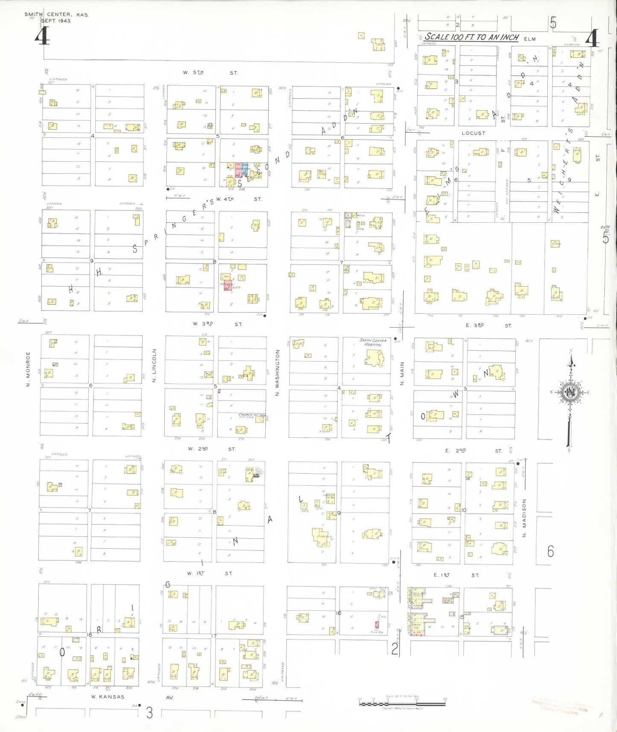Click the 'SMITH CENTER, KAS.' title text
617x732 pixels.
click(56, 15)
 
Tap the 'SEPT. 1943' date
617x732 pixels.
click(56, 20)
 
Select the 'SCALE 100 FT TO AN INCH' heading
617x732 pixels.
click(471, 37)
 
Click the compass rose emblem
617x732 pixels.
click(570, 392)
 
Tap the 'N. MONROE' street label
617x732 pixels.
click(28, 369)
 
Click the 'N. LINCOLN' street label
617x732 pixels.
click(154, 365)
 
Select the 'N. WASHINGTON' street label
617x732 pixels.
click(278, 372)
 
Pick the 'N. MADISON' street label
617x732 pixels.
click(524, 518)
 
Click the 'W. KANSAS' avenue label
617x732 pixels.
click(108, 697)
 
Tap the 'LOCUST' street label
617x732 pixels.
click(473, 133)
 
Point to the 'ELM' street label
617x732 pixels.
click(529, 39)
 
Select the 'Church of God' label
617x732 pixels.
click(252, 415)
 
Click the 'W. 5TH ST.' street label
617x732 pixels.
click(210, 73)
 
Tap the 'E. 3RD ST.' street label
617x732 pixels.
click(488, 325)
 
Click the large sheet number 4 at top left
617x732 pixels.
click(42, 36)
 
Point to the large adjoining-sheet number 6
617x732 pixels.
click(550, 551)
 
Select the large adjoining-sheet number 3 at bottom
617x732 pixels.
click(149, 712)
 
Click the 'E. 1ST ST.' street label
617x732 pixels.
click(456, 575)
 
